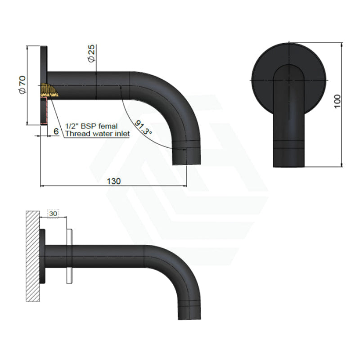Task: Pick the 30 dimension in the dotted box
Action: pyautogui.click(x=53, y=214)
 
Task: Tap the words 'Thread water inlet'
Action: pyautogui.click(x=97, y=134)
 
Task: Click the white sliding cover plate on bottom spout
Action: pyautogui.click(x=69, y=256)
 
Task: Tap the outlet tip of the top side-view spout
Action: pyautogui.click(x=186, y=155)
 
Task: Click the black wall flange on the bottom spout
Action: pyautogui.click(x=42, y=256)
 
